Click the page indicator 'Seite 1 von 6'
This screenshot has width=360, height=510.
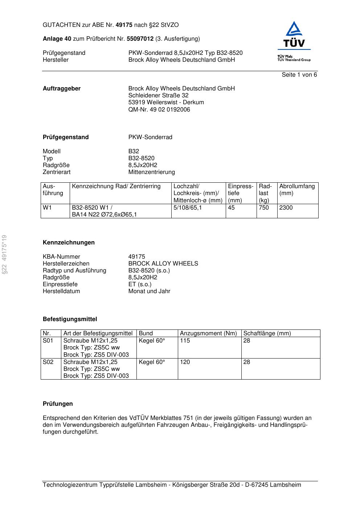pos(299,75)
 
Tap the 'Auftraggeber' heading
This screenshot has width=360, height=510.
pos(62,89)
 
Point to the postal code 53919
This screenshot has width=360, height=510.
pos(136,102)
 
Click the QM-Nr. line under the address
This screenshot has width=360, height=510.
pos(159,109)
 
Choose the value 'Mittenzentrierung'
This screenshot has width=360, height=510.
pos(151,172)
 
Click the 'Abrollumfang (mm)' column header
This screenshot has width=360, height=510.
pos(297,190)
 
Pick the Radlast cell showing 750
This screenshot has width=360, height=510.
pos(264,208)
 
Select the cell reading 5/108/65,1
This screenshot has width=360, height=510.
pos(187,208)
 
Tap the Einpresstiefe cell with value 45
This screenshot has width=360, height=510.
pos(231,208)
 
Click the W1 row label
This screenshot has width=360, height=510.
pos(47,208)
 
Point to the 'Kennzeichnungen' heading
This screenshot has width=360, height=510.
pos(69,243)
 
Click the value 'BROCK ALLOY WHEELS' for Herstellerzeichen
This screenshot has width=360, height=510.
pos(163,264)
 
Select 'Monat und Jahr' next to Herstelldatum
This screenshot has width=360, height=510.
pos(149,291)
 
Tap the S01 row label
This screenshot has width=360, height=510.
pos(48,341)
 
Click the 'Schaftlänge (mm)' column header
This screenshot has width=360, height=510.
pos(267,333)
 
